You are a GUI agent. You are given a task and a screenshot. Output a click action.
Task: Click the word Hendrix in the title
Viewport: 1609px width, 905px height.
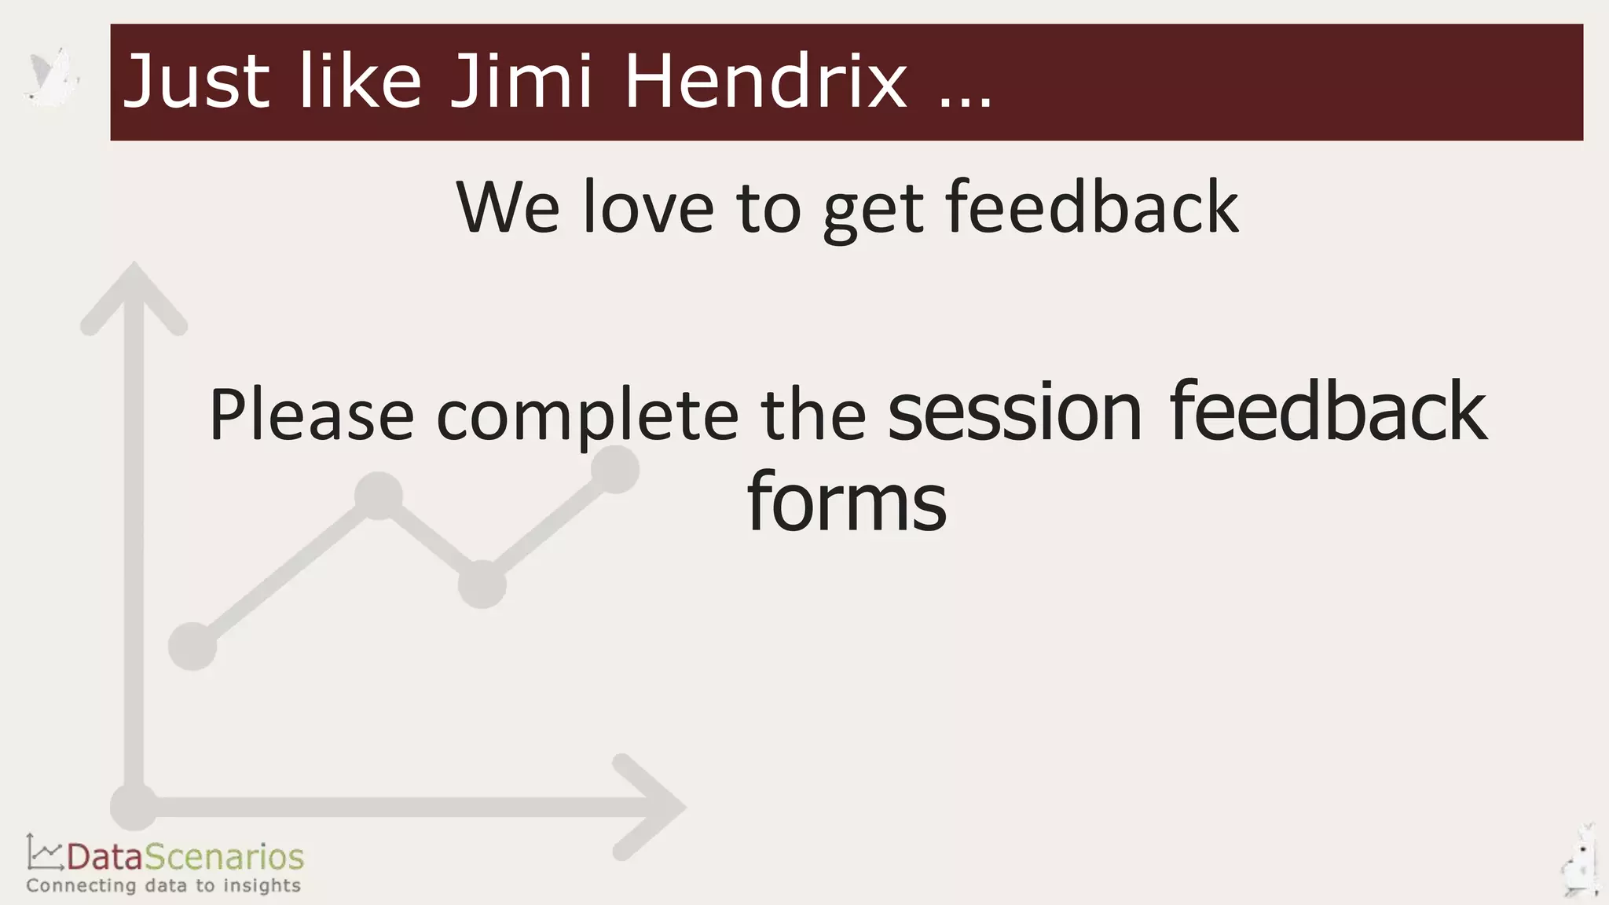(766, 80)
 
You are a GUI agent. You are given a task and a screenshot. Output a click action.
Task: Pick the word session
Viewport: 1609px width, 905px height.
(1014, 412)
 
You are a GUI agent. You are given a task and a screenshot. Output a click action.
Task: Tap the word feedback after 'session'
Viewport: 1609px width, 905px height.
(1328, 412)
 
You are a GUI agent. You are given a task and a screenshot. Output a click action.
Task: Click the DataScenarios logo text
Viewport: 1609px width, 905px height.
(185, 857)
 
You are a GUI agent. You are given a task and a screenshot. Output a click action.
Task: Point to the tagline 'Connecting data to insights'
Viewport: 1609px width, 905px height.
(163, 886)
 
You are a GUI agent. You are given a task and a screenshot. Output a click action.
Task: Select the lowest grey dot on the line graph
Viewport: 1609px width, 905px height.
(192, 646)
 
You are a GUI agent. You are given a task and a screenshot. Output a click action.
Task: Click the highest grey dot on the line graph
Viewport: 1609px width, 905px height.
(614, 470)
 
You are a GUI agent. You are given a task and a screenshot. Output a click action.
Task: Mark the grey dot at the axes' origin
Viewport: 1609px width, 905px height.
(134, 807)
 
